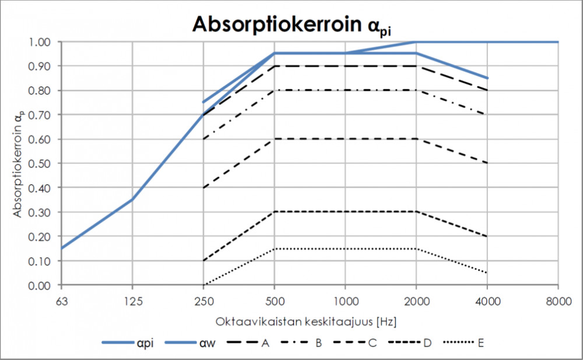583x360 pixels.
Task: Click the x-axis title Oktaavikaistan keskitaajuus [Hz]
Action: tap(309, 321)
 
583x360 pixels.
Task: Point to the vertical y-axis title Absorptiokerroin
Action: tap(19, 164)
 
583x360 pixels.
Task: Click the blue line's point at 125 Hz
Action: tap(132, 200)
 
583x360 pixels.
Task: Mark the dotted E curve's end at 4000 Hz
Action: tap(487, 273)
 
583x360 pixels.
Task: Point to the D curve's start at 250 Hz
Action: tap(203, 260)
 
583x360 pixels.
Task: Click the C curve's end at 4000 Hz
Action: tap(487, 163)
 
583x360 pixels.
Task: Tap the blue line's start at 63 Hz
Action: tap(61, 249)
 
